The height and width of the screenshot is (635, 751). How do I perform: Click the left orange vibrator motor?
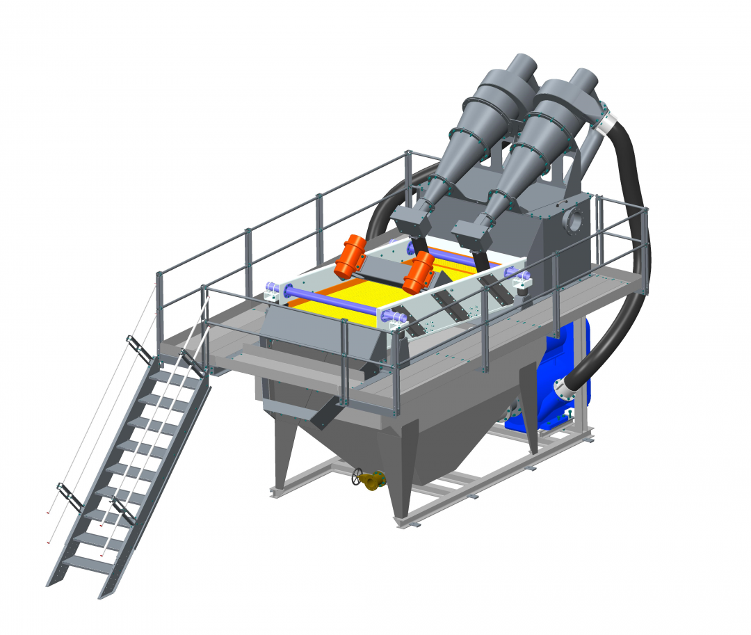point(350,256)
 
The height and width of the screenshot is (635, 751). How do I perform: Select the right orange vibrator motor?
point(419,272)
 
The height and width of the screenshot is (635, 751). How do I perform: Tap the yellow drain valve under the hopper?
point(373,479)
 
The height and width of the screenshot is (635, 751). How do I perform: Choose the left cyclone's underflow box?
point(407,221)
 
